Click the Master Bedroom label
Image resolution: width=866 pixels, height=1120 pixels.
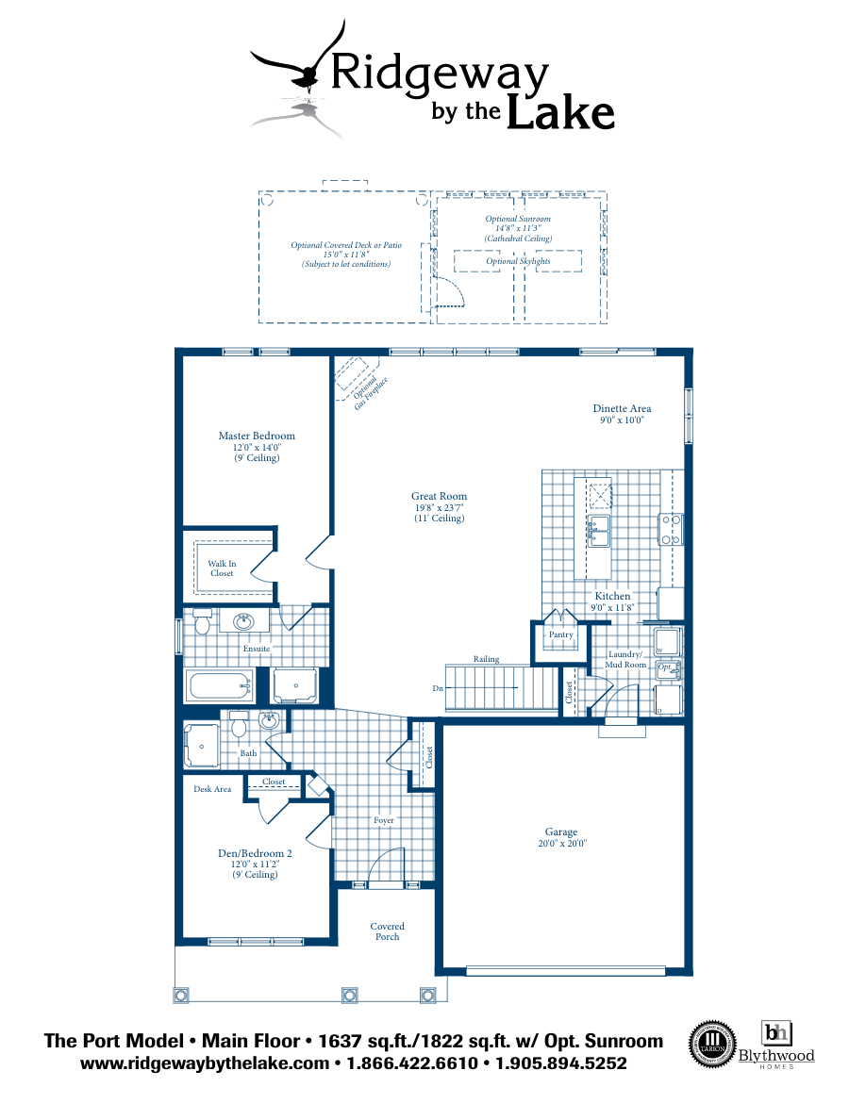257,436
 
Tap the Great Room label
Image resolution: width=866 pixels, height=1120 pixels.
439,496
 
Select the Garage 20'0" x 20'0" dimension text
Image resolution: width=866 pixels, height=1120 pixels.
560,844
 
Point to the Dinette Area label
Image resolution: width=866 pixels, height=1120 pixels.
622,408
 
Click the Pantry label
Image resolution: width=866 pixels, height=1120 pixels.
560,634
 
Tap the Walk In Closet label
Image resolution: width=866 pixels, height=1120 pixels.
222,568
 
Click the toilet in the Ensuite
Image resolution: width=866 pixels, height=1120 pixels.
202,622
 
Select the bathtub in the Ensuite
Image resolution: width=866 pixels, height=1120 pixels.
220,685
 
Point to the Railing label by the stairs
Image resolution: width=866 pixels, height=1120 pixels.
487,659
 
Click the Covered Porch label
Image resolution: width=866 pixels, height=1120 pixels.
387,931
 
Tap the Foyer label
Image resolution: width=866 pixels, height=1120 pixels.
383,820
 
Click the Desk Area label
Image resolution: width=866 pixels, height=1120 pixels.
212,789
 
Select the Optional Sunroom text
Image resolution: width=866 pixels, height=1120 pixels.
518,219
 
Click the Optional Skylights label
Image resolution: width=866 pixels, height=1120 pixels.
518,261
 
